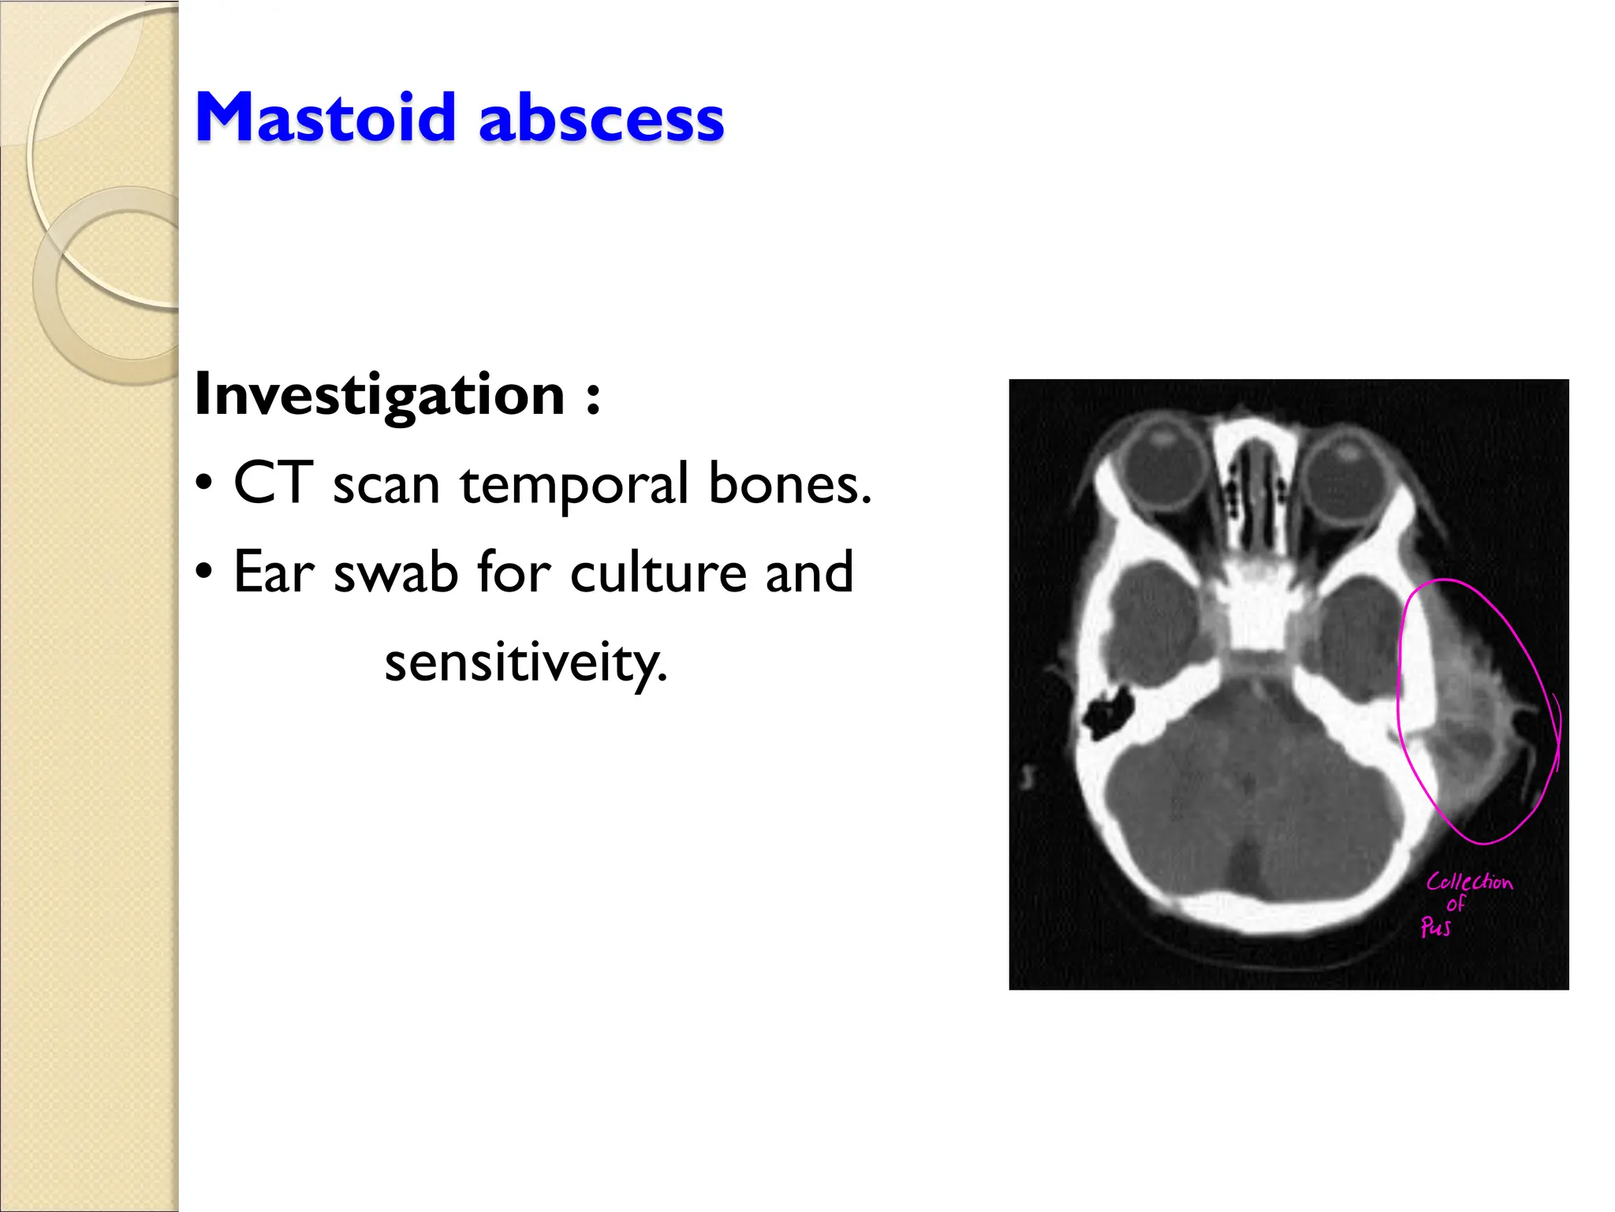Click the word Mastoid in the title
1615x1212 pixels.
tap(325, 118)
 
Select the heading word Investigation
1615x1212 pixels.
tap(379, 394)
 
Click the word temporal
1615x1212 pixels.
tap(574, 486)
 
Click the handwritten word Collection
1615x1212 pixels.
tap(1469, 882)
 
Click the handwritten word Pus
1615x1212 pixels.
tap(1435, 927)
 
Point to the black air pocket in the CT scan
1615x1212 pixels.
tap(1107, 712)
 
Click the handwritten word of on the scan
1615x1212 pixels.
tap(1455, 904)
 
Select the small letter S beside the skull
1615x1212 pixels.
tap(1027, 778)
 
